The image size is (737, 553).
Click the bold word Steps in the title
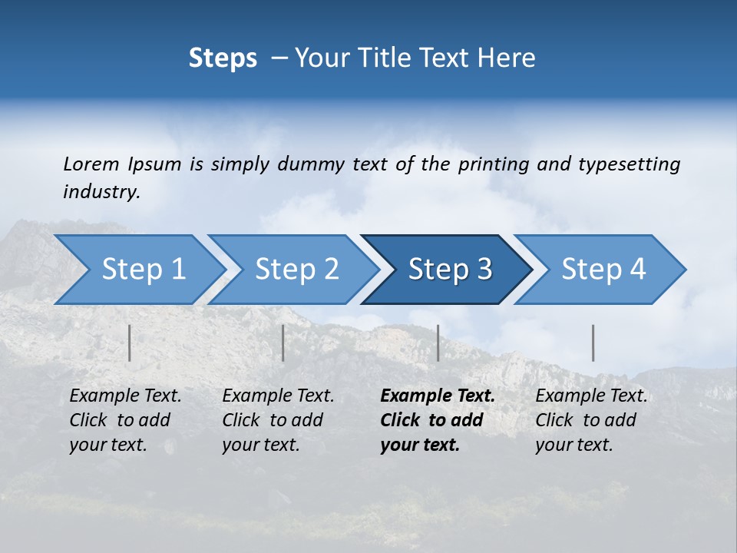coord(223,58)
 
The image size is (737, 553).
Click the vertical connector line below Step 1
coord(130,343)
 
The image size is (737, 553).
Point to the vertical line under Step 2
coord(283,343)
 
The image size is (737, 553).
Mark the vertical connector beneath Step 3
coord(438,343)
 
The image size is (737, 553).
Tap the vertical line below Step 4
coord(593,343)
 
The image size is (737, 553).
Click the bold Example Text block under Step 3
coord(438,420)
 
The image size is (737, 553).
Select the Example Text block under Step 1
coord(125,420)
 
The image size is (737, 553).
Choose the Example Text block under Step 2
coord(278,420)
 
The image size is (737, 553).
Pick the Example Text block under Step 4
coord(591,420)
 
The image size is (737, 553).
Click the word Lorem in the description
coord(91,164)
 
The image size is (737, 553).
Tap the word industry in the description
coord(101,192)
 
